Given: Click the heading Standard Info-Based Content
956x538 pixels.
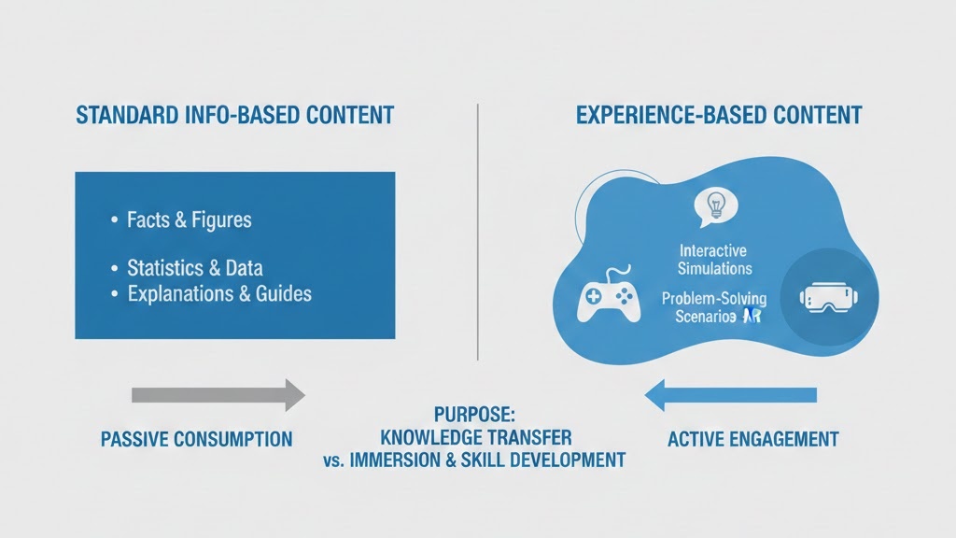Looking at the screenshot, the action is [234, 117].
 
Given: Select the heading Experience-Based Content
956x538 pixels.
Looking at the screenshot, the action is [719, 117].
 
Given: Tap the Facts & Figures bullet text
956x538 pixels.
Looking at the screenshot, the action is [189, 220].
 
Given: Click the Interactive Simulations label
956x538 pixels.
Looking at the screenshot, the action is [715, 260].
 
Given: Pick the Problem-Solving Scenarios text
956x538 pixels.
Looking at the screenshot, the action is [713, 307].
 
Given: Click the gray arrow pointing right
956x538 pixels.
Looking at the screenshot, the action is [218, 395].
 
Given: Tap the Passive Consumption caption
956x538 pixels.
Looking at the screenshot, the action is [196, 439].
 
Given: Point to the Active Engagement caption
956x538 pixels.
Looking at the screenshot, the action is [752, 439].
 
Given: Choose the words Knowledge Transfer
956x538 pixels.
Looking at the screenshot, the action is [476, 436].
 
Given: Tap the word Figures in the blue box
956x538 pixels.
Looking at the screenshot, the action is [221, 220].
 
